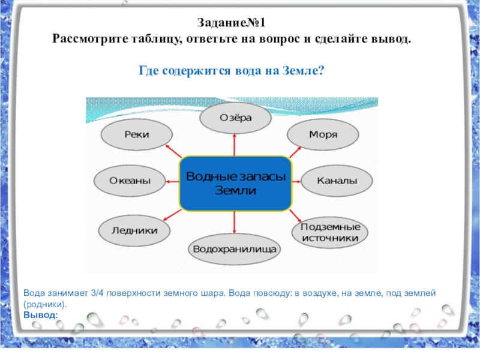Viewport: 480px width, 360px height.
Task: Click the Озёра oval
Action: [235, 118]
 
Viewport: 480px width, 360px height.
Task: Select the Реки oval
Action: [134, 136]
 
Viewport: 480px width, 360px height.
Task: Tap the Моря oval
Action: [323, 134]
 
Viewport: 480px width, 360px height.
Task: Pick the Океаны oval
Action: [130, 181]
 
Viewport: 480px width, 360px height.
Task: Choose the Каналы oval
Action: [337, 181]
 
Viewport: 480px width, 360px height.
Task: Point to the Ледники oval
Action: [135, 230]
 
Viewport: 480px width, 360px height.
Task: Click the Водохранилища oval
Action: [235, 248]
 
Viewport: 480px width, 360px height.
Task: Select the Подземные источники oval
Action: [330, 233]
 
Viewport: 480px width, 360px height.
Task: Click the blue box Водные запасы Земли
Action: [235, 183]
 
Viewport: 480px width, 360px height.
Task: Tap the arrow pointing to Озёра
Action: [235, 144]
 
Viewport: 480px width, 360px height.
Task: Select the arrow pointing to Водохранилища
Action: [235, 223]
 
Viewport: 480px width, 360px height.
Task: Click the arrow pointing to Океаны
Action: [173, 181]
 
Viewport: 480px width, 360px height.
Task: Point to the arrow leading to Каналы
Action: [296, 181]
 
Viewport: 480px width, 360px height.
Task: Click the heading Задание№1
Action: [235, 24]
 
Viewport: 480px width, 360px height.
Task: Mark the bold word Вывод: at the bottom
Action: [41, 314]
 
